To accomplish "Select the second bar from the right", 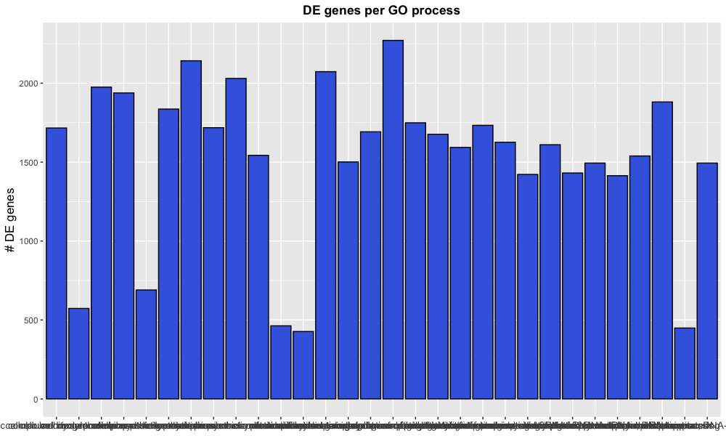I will pyautogui.click(x=685, y=363).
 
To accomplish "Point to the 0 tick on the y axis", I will pyautogui.click(x=36, y=399).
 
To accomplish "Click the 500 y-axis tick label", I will pyautogui.click(x=31, y=320).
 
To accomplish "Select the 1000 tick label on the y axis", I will pyautogui.click(x=29, y=241).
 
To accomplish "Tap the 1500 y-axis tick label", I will pyautogui.click(x=29, y=162).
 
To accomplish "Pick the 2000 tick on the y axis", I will pyautogui.click(x=29, y=84).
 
